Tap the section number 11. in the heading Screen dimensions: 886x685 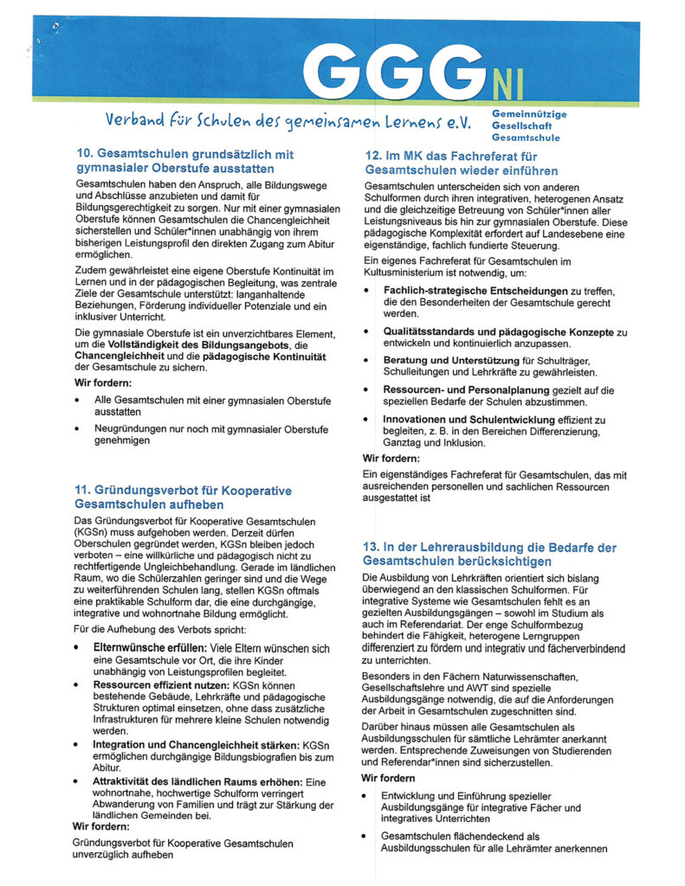[86, 491]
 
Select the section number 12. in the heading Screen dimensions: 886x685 [374, 155]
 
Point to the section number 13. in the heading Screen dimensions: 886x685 [374, 548]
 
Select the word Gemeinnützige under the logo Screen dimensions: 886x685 [529, 113]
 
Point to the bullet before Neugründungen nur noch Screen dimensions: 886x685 [79, 428]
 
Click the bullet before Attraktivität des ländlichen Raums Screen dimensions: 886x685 [79, 781]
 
